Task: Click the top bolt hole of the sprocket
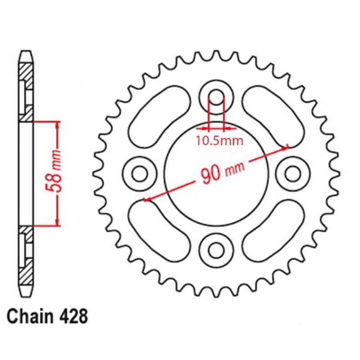click(216, 96)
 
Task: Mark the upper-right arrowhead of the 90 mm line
click(285, 146)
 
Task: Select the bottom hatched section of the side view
click(27, 256)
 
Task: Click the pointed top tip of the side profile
click(27, 52)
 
